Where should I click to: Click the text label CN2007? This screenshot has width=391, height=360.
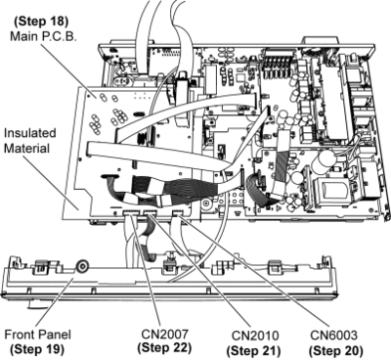point(164,335)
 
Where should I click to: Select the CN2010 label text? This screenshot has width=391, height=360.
point(255,336)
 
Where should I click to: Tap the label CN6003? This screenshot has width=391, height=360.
point(333,335)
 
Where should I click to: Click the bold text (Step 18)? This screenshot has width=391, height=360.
point(41,22)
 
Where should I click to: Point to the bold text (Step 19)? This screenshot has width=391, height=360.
point(37,349)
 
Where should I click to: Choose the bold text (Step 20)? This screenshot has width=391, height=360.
point(335,350)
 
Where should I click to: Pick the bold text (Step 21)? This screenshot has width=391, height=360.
point(253,351)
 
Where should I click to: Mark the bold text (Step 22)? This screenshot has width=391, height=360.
point(164,348)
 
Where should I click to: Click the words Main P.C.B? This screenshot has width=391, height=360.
point(43,36)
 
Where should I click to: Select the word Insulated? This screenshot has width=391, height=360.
point(30,133)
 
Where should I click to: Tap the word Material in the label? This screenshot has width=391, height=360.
point(26,149)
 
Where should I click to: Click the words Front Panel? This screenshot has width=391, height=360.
point(37,335)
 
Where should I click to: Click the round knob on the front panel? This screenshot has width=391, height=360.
point(82,266)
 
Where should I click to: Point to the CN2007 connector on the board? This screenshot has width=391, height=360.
point(132,213)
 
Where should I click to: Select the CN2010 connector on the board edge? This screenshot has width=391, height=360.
point(151,213)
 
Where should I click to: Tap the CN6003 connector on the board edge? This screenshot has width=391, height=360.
point(178,213)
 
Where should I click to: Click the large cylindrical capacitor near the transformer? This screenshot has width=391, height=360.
point(326,159)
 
